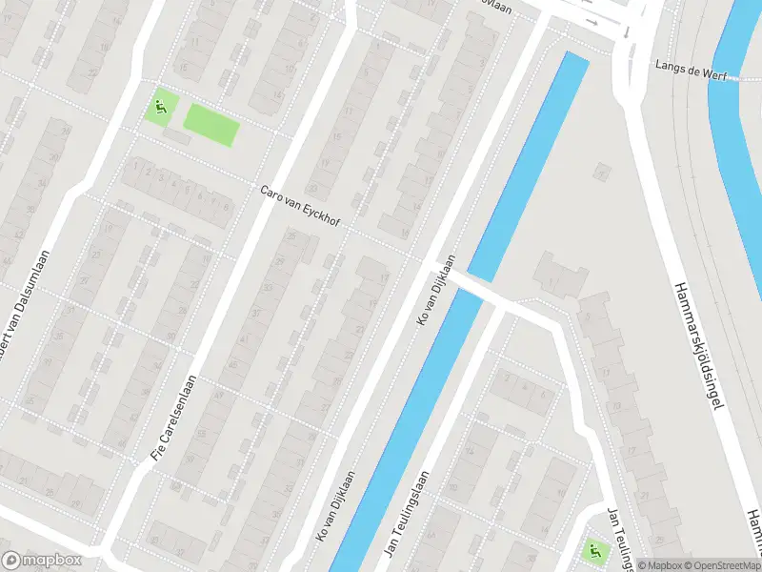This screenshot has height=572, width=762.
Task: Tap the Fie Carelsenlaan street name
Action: coord(176,404)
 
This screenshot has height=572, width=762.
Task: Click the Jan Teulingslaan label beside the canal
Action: coord(407,516)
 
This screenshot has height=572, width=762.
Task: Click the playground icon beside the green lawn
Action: coord(160,108)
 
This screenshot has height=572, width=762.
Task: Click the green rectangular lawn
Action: coord(210,125)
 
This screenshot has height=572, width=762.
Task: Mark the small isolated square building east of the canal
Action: coord(600,173)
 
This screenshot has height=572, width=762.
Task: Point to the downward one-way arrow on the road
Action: coord(626,31)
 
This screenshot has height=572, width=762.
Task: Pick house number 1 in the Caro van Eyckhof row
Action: coord(136,166)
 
